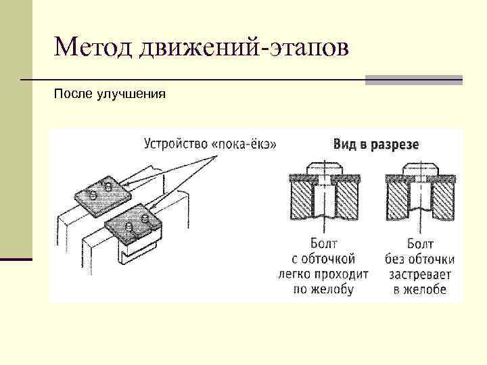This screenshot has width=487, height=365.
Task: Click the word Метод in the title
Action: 94,48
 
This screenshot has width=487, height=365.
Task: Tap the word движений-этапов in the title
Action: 244,49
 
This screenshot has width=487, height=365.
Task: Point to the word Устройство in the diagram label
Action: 176,144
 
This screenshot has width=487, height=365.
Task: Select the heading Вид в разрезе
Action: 376,144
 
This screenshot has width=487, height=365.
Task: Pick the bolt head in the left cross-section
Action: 324,168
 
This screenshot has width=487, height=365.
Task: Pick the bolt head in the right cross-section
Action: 419,168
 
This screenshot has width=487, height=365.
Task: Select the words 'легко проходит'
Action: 323,274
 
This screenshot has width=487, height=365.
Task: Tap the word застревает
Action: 420,274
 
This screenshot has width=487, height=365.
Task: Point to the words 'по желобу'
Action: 323,289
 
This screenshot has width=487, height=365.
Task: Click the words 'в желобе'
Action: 419,289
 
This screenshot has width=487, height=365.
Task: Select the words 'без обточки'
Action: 420,260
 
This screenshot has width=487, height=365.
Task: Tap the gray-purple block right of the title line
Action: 413,80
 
